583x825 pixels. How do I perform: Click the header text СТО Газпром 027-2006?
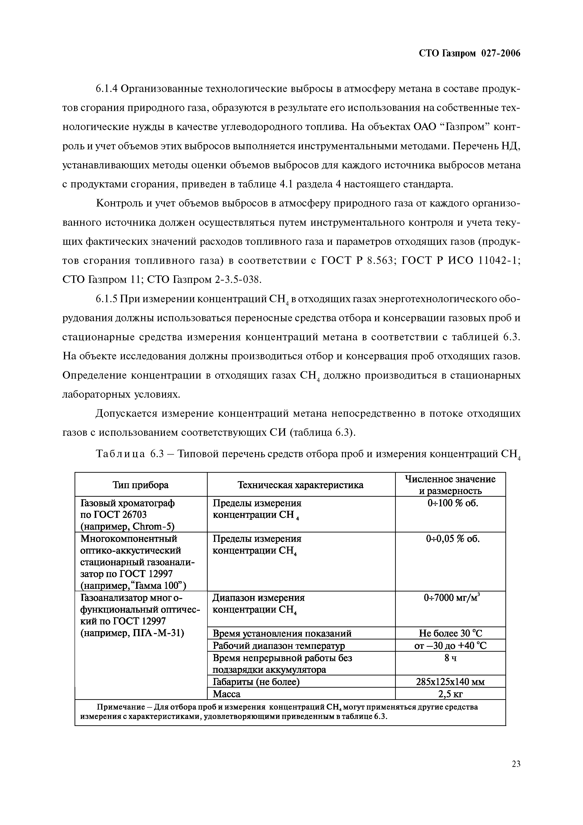click(469, 54)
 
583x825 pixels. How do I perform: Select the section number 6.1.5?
click(107, 299)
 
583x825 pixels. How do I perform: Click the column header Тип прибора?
click(140, 485)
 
